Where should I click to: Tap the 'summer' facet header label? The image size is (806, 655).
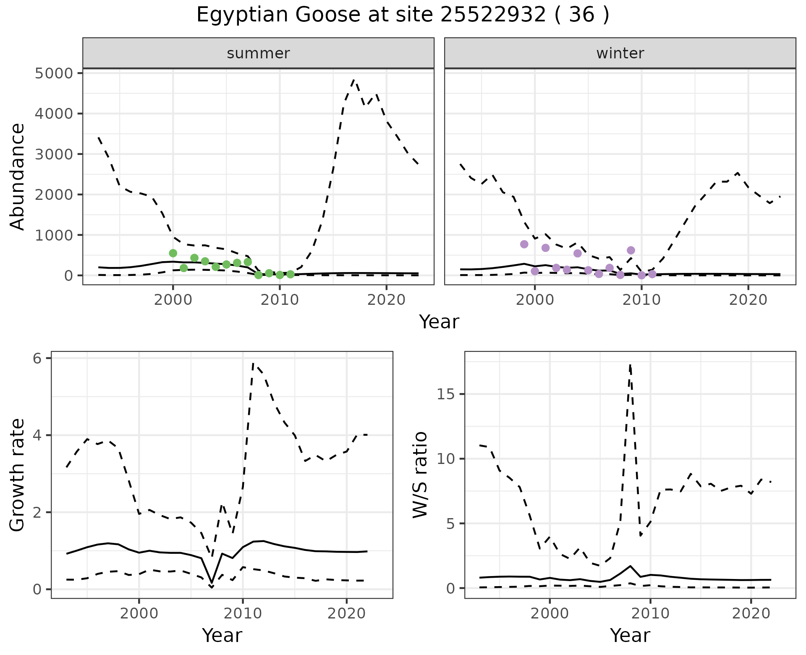(x=258, y=53)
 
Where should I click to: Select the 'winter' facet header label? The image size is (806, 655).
(x=620, y=53)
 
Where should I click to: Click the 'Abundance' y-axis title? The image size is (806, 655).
(x=18, y=177)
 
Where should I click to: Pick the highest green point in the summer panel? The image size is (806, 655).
(x=173, y=253)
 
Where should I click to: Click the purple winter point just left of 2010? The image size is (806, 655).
(x=631, y=250)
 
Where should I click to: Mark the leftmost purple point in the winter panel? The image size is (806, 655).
(x=524, y=244)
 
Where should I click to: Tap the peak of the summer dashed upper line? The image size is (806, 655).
(x=354, y=80)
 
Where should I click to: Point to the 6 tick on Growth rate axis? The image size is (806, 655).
(x=37, y=358)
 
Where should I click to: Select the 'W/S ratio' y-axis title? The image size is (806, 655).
(x=420, y=475)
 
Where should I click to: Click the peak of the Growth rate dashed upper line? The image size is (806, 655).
(x=253, y=363)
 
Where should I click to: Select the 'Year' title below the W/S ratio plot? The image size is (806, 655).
(x=630, y=636)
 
